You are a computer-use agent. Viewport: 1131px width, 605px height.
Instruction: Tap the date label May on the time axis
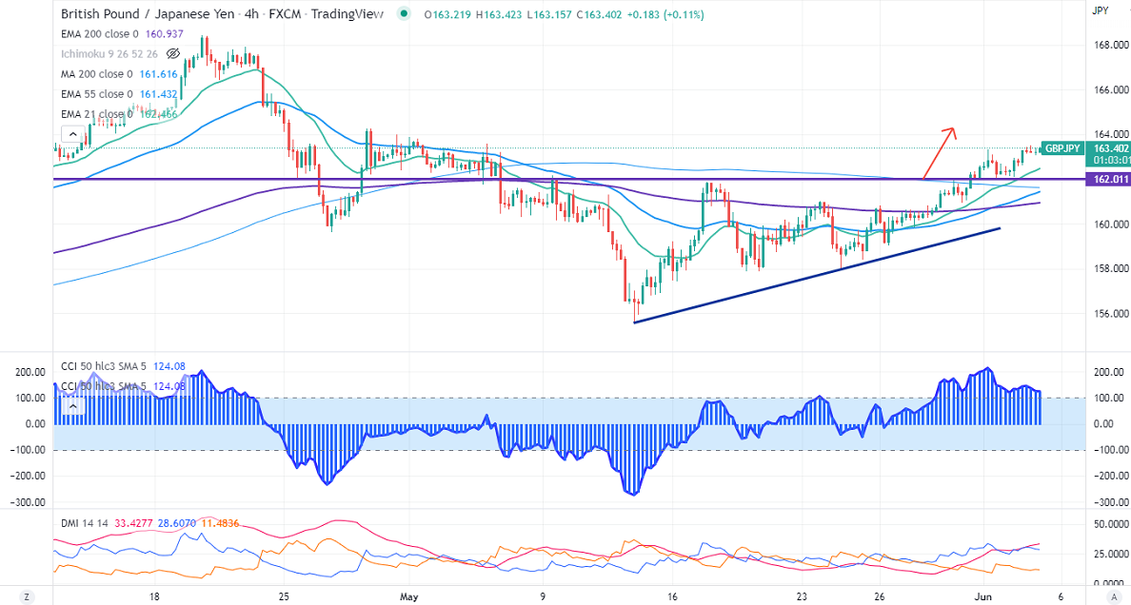pyautogui.click(x=409, y=595)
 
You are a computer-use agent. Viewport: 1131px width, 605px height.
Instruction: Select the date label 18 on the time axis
pyautogui.click(x=154, y=595)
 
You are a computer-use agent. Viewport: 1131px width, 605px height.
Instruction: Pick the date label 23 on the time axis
pyautogui.click(x=803, y=595)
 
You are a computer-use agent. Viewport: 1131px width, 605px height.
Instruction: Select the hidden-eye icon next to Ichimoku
pyautogui.click(x=173, y=53)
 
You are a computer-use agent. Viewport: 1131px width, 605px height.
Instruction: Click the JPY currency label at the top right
pyautogui.click(x=1100, y=10)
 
